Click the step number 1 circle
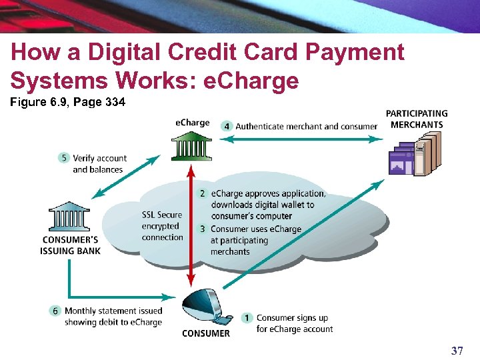coord(247,318)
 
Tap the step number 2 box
coord(203,193)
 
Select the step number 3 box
coord(203,229)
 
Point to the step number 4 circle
coord(227,125)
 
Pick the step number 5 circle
coord(64,158)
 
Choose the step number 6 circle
coord(56,311)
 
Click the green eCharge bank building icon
coord(191,145)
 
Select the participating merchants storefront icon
coord(415,156)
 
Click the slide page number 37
coord(457,351)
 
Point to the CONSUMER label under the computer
coord(206,333)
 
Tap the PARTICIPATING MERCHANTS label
coord(417,119)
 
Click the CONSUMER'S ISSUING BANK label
coord(71,245)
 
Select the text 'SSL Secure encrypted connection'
coord(162,226)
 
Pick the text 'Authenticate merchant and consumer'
coord(306,126)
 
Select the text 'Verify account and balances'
coord(99,163)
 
